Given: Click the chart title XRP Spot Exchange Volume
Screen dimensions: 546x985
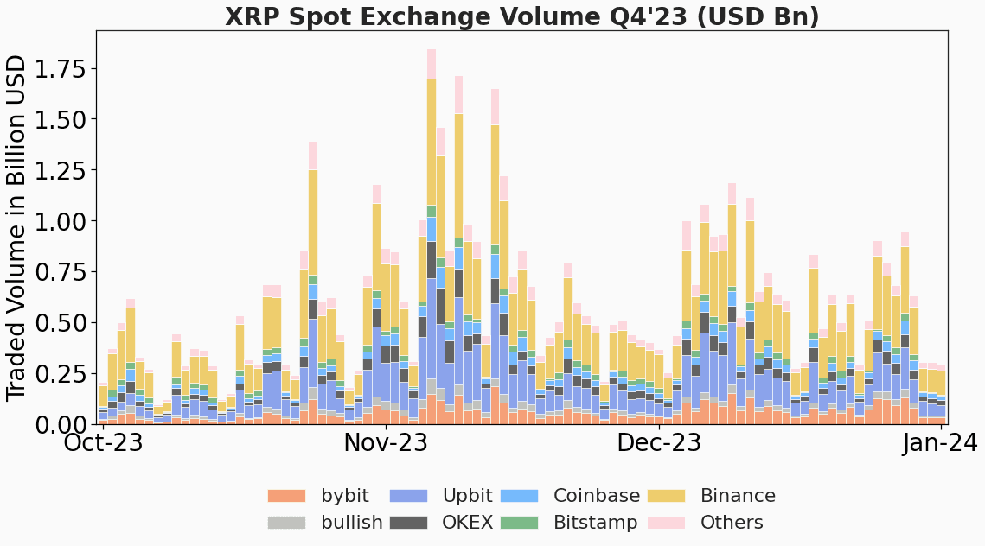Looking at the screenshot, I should tap(521, 16).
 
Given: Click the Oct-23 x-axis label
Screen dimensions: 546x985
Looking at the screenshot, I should tap(104, 444).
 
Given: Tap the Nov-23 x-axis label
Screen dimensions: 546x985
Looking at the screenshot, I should tap(385, 444).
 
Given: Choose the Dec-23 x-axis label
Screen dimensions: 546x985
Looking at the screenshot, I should tap(658, 444).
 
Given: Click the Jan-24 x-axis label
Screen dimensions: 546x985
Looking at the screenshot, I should tap(940, 444).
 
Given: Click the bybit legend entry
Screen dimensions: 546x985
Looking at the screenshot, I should tap(344, 496).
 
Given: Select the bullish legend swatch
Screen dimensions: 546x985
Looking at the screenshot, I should tap(286, 523).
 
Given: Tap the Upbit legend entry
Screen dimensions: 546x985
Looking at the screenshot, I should tap(467, 496).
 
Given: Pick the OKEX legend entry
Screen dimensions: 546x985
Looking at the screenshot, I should tap(467, 523).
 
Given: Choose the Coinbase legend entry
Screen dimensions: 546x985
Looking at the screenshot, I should tap(596, 496).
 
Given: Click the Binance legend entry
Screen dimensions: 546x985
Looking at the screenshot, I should tap(737, 496).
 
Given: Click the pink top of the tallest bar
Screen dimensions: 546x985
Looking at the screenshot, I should tap(432, 64).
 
